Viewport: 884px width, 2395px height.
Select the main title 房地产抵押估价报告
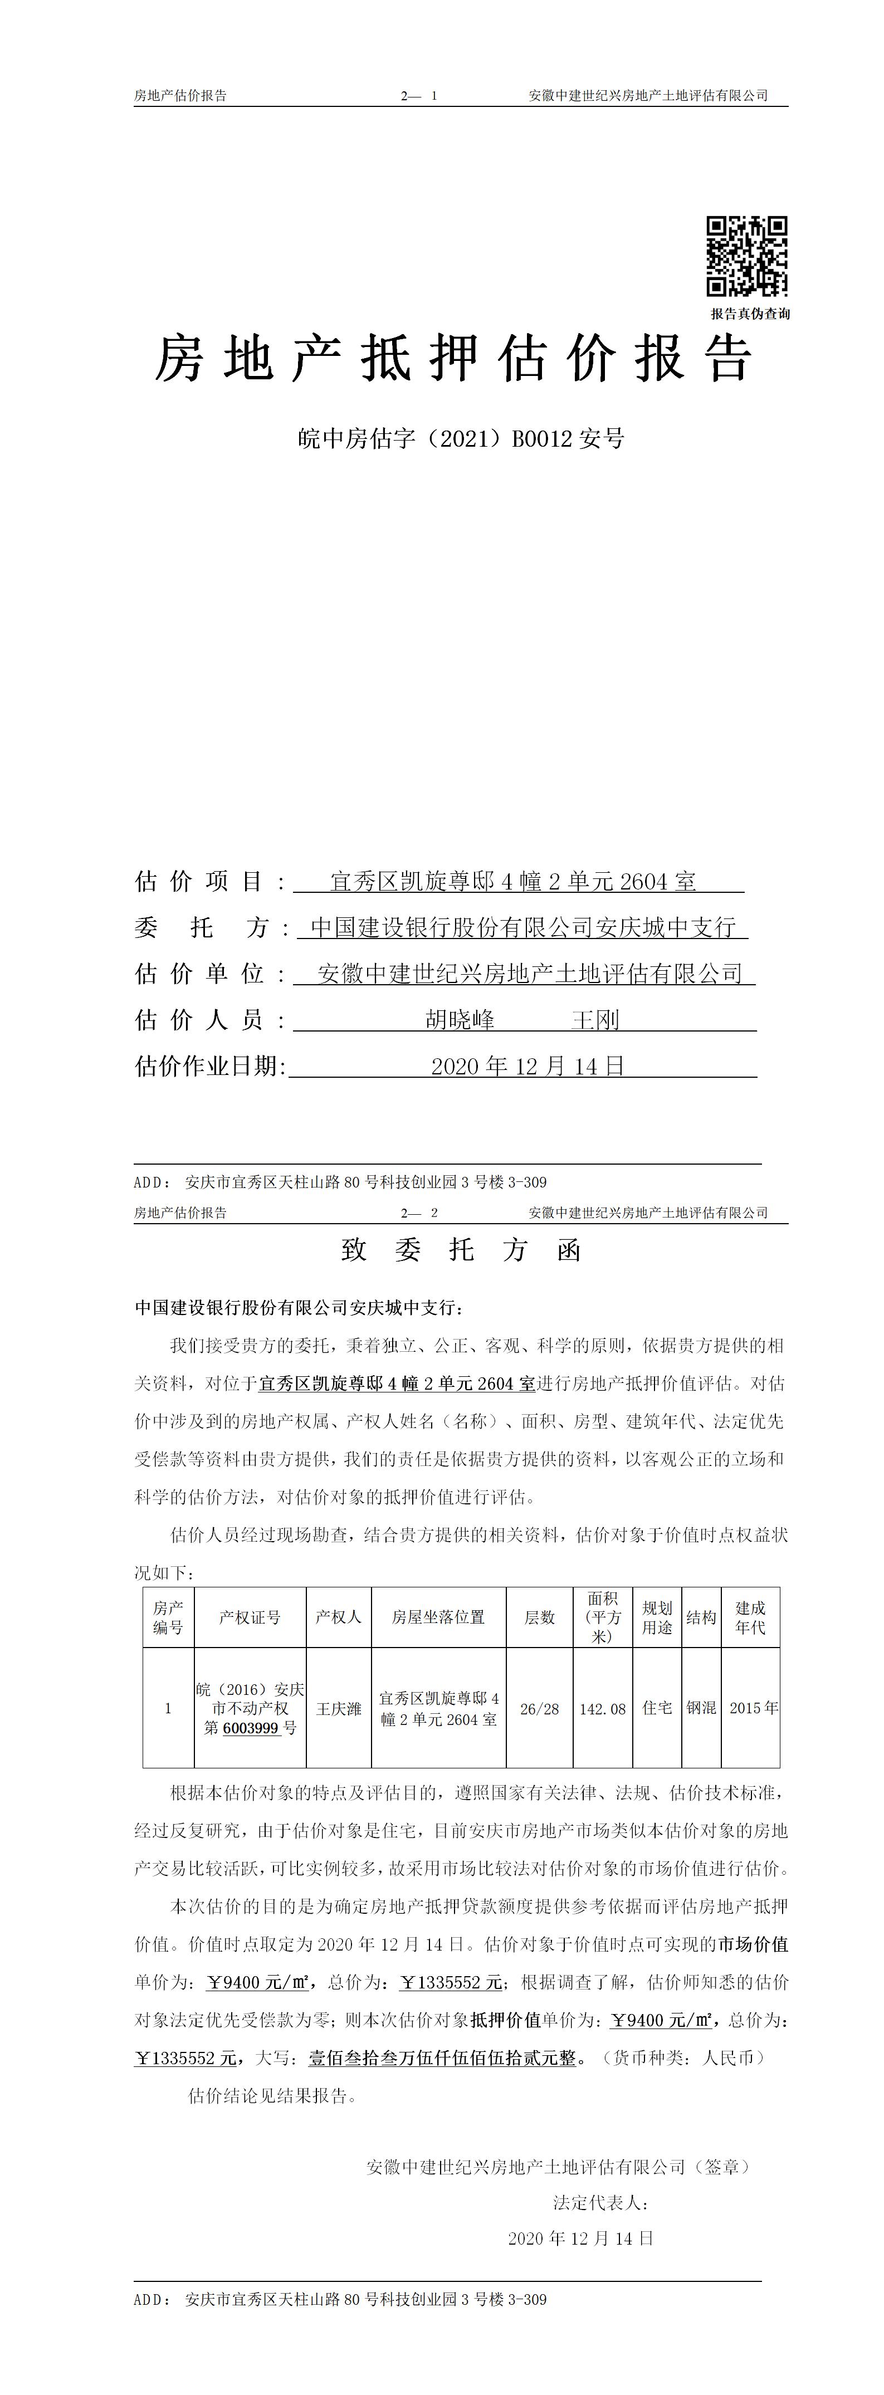[x=453, y=359]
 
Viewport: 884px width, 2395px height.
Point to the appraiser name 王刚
[x=595, y=1020]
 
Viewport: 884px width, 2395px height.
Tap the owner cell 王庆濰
[x=338, y=1708]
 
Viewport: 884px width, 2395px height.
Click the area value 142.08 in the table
[x=602, y=1708]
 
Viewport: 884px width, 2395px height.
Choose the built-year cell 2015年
[x=754, y=1708]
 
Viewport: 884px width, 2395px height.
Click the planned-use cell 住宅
[x=657, y=1708]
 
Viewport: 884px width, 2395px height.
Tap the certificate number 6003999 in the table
[x=251, y=1727]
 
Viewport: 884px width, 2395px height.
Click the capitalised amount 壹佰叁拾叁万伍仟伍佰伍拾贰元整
[x=442, y=2057]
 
